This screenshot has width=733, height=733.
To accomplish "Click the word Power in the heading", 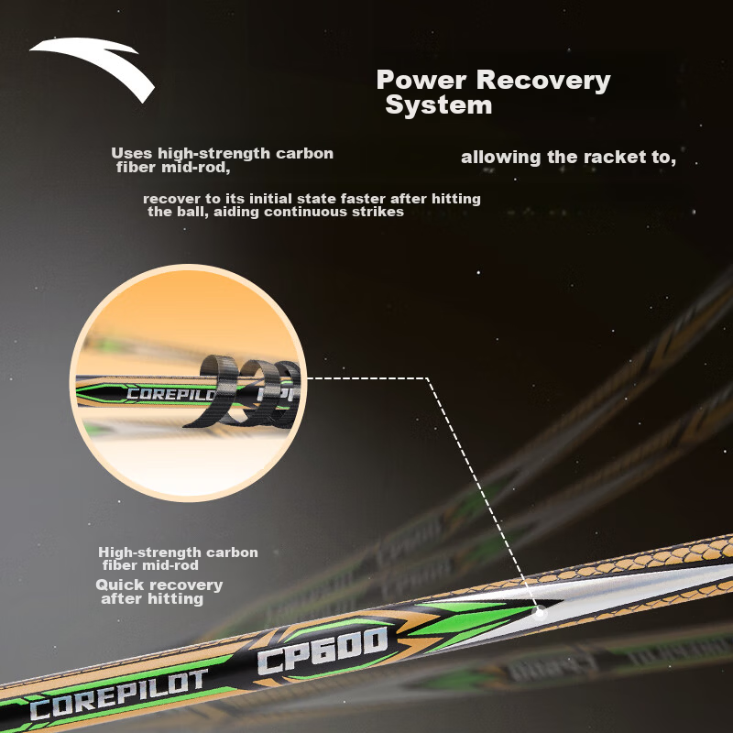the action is click(x=421, y=80).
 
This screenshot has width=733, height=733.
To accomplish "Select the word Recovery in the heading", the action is click(x=543, y=81).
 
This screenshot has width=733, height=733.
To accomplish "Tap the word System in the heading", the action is click(x=439, y=104).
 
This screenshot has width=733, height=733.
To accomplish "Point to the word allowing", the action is click(x=500, y=158).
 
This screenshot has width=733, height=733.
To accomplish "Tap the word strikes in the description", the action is click(x=379, y=212).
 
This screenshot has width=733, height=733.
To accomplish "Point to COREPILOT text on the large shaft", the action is click(x=118, y=694).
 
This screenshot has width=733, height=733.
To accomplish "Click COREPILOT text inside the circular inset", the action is click(x=170, y=394).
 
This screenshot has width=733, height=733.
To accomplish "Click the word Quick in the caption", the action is click(x=119, y=585).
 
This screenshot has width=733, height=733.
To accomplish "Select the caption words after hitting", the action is click(x=152, y=599).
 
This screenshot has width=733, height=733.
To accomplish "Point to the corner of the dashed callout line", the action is click(x=427, y=377).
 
